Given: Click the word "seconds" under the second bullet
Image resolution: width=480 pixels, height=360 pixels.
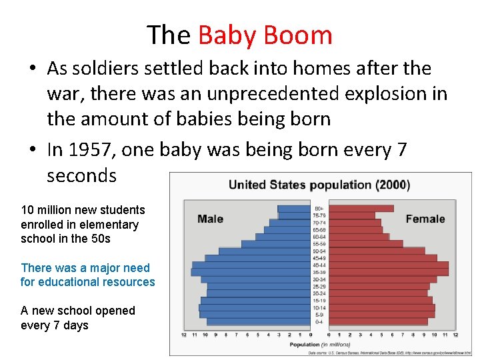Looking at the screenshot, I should pyautogui.click(x=81, y=175).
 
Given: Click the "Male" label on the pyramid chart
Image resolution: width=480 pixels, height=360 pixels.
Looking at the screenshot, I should pyautogui.click(x=210, y=219).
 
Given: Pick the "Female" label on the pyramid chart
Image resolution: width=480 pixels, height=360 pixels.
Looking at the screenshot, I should pyautogui.click(x=425, y=219).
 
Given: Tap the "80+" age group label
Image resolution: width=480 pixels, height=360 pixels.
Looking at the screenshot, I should pyautogui.click(x=319, y=208).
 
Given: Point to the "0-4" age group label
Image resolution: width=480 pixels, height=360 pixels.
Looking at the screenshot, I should pyautogui.click(x=319, y=322).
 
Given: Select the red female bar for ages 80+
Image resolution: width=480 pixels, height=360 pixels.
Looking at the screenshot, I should pyautogui.click(x=361, y=209).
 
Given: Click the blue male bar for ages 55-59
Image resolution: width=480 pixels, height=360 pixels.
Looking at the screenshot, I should pyautogui.click(x=275, y=244).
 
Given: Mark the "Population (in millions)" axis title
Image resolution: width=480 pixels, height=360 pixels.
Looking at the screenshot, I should pyautogui.click(x=319, y=345).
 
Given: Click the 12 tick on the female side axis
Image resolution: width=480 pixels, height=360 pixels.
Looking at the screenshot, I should pyautogui.click(x=455, y=335).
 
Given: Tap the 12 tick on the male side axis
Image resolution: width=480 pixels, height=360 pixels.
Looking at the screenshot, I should pyautogui.click(x=184, y=335).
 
